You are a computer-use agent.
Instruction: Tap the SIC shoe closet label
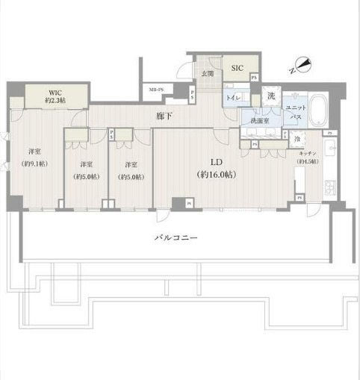pos(237,68)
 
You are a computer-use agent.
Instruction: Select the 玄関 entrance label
pos(208,73)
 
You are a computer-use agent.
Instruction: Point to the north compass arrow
pos(300,65)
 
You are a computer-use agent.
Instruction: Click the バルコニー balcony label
pos(176,237)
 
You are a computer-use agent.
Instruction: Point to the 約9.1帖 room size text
pos(34,163)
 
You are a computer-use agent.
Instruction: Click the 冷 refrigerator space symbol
pos(297,139)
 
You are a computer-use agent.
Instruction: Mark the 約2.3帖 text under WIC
pos(56,99)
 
